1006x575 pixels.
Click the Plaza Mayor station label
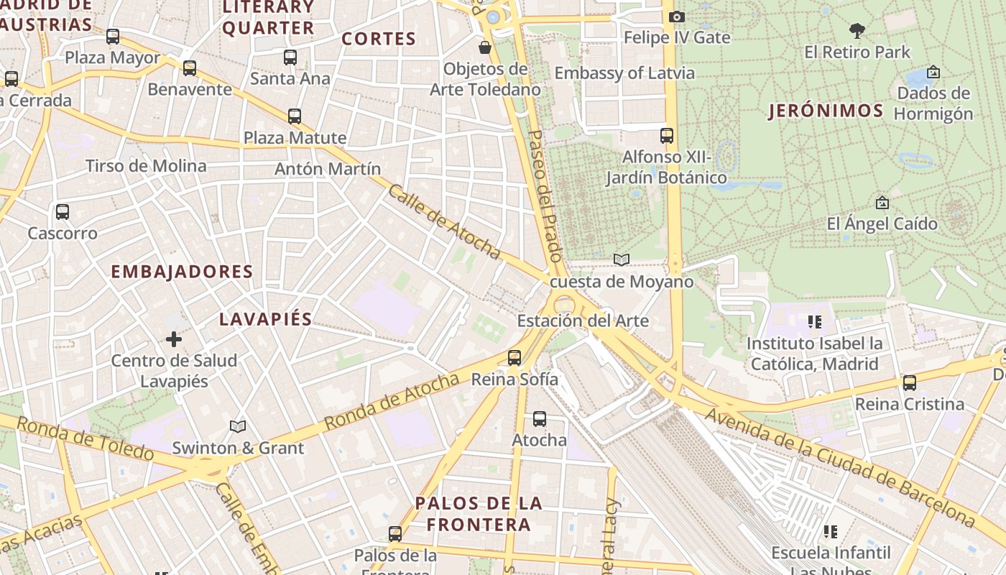pyautogui.click(x=113, y=57)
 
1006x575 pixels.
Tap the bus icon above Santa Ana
pyautogui.click(x=290, y=57)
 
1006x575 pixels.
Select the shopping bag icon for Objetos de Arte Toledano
pyautogui.click(x=485, y=48)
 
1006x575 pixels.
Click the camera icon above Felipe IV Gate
pyautogui.click(x=676, y=17)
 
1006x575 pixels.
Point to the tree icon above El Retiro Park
pyautogui.click(x=857, y=31)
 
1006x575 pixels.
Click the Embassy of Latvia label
pyautogui.click(x=624, y=73)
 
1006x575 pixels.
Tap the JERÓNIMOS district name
pyautogui.click(x=826, y=111)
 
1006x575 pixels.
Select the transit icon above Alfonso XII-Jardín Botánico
pyautogui.click(x=667, y=135)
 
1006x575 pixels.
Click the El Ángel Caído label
pyautogui.click(x=882, y=224)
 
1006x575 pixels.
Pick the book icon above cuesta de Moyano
pyautogui.click(x=622, y=259)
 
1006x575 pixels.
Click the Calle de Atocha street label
pyautogui.click(x=444, y=221)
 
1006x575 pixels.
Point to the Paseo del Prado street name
pyautogui.click(x=544, y=195)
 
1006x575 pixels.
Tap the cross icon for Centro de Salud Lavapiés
pyautogui.click(x=174, y=339)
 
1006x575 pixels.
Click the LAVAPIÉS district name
pyautogui.click(x=265, y=319)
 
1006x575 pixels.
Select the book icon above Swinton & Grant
pyautogui.click(x=238, y=426)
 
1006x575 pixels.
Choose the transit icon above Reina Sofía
pyautogui.click(x=514, y=357)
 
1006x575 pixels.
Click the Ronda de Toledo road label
pyautogui.click(x=85, y=438)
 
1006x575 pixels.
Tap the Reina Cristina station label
pyautogui.click(x=909, y=404)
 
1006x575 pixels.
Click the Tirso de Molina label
pyautogui.click(x=146, y=166)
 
